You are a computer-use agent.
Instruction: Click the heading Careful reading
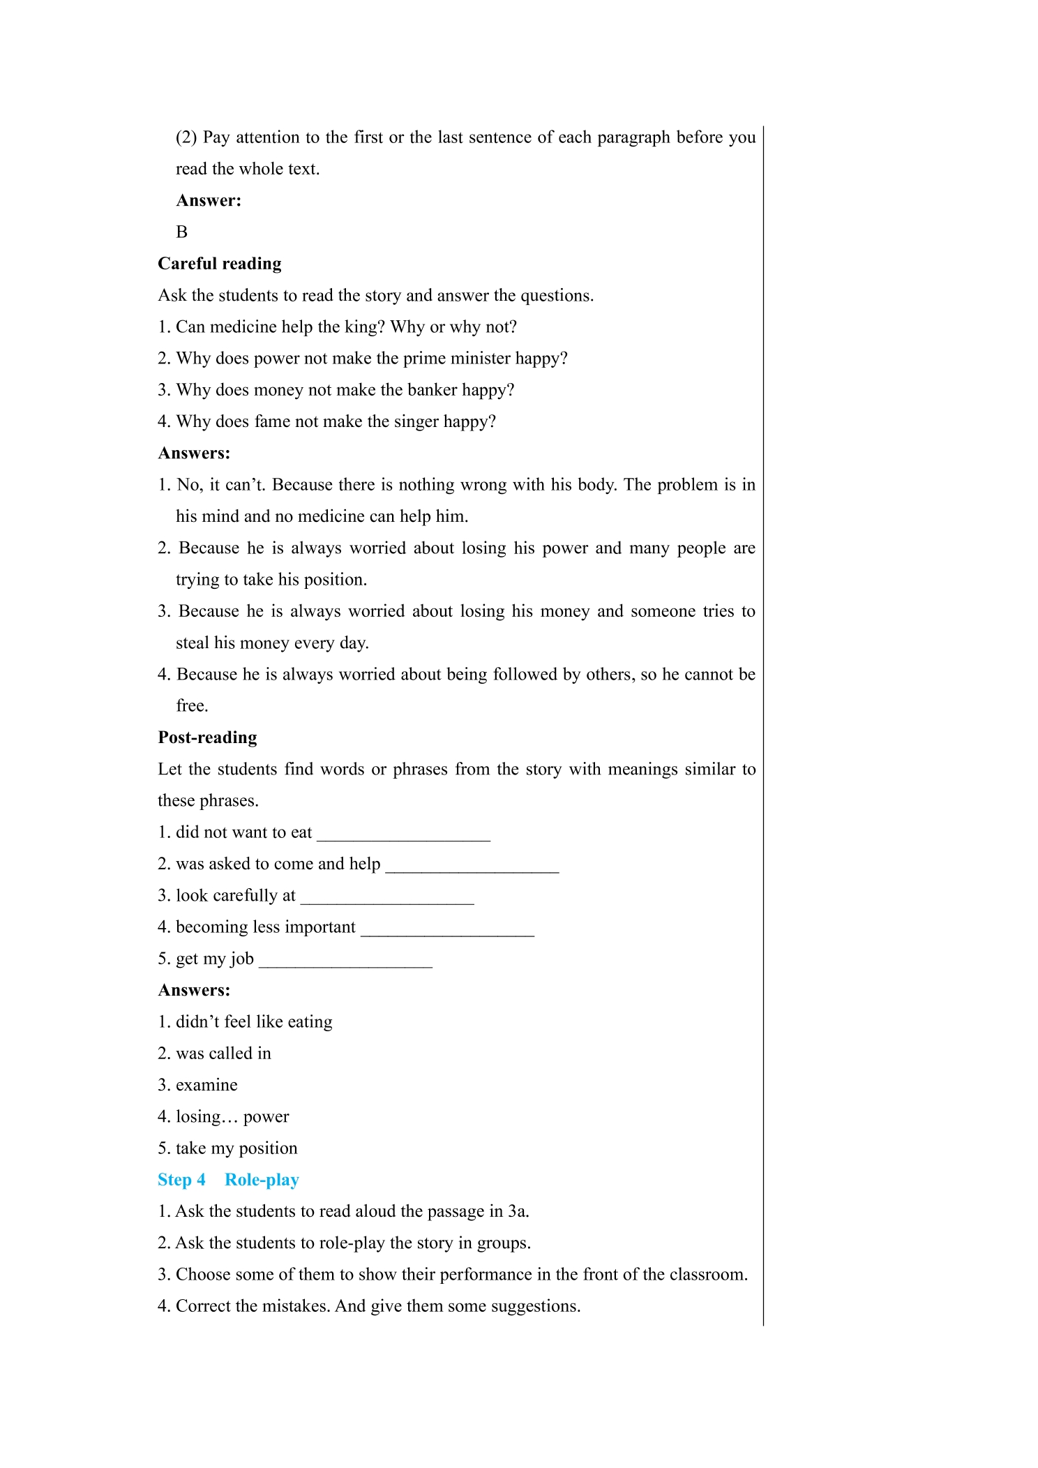coord(220,264)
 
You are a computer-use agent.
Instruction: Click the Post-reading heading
coord(207,737)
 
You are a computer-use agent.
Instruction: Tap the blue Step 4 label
coord(181,1180)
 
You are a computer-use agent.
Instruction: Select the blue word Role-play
coord(262,1180)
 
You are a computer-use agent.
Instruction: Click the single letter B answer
coord(182,232)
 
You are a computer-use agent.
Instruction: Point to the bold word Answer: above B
coord(209,201)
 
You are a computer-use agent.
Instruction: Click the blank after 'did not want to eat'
coord(404,833)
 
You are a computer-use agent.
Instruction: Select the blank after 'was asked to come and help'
coord(472,864)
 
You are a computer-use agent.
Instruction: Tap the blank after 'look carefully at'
coord(387,897)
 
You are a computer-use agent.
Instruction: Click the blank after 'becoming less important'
coord(447,928)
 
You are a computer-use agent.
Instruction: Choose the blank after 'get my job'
coord(345,959)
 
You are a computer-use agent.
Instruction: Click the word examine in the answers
coord(206,1085)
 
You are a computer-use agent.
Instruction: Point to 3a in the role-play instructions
coord(518,1211)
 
